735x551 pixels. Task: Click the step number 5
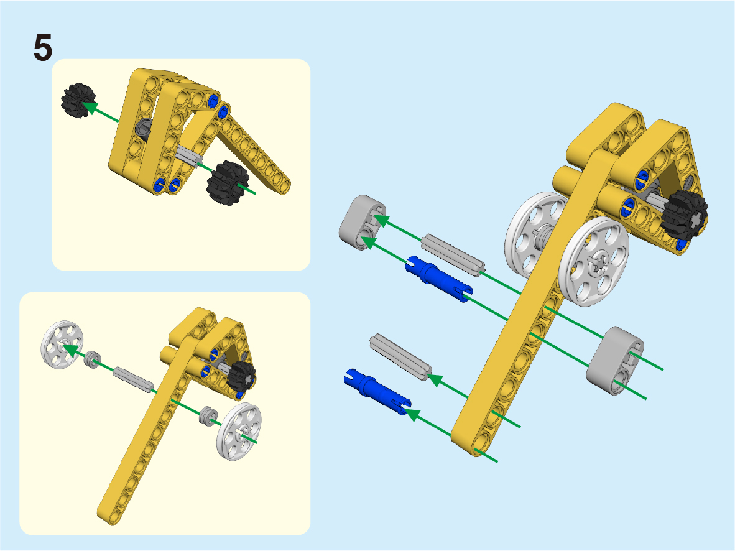pyautogui.click(x=43, y=49)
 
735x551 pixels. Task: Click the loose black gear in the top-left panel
pyautogui.click(x=78, y=100)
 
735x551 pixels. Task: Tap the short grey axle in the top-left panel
pyautogui.click(x=190, y=156)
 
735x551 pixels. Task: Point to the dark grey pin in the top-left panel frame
pyautogui.click(x=144, y=127)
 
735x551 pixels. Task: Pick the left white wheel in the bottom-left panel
pyautogui.click(x=62, y=345)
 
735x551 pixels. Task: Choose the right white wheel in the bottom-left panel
pyautogui.click(x=239, y=432)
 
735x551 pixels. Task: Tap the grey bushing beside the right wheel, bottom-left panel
pyautogui.click(x=207, y=415)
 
